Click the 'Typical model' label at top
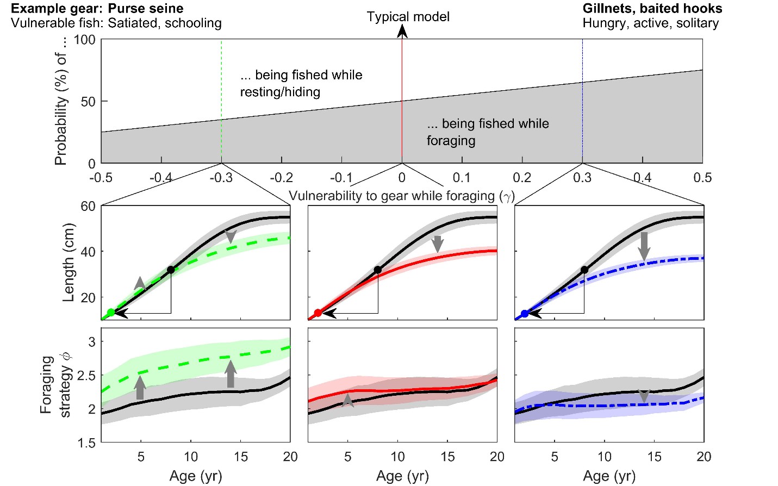pyautogui.click(x=408, y=17)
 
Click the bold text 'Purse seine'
pyautogui.click(x=146, y=9)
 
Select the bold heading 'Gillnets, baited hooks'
pyautogui.click(x=652, y=9)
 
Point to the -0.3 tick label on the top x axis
pyautogui.click(x=221, y=178)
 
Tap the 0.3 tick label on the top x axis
pyautogui.click(x=582, y=178)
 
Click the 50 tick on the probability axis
pyautogui.click(x=88, y=102)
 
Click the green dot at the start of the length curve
pyautogui.click(x=111, y=313)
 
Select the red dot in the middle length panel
pyautogui.click(x=318, y=313)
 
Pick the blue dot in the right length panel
pyautogui.click(x=525, y=314)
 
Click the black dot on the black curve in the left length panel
pyautogui.click(x=171, y=270)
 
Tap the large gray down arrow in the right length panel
pyautogui.click(x=644, y=246)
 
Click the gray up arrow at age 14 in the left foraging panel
pyautogui.click(x=231, y=374)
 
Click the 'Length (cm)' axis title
pyautogui.click(x=69, y=263)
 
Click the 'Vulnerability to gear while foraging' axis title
pyautogui.click(x=401, y=196)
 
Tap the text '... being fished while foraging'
pyautogui.click(x=487, y=132)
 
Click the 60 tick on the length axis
pyautogui.click(x=88, y=206)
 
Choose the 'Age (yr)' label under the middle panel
pyautogui.click(x=402, y=476)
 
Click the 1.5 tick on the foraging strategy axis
pyautogui.click(x=85, y=443)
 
